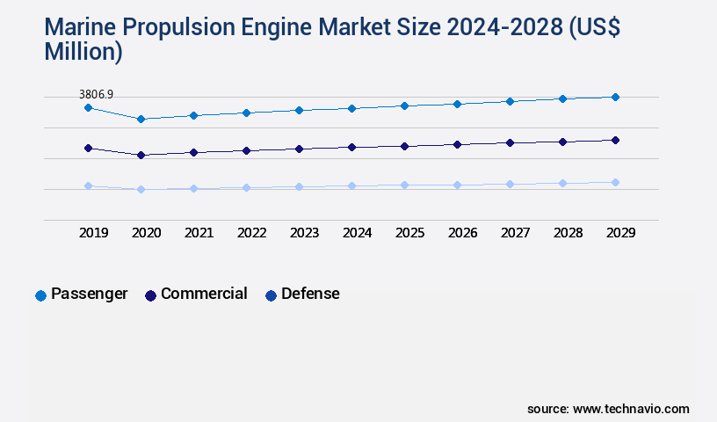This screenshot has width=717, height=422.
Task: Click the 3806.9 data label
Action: [96, 94]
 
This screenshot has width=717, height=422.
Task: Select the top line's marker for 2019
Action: [88, 107]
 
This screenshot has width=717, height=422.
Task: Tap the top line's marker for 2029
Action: [615, 97]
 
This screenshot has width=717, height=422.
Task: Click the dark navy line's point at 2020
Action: [141, 155]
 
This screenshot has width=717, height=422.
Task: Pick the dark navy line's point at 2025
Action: [404, 146]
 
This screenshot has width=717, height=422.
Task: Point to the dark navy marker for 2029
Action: [615, 140]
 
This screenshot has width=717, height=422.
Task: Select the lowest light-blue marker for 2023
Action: [299, 186]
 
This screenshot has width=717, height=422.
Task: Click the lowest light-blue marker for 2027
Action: [510, 184]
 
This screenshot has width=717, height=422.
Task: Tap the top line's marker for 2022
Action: [246, 113]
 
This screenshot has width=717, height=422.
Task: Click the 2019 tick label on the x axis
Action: [94, 233]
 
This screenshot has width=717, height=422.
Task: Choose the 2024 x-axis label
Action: [357, 233]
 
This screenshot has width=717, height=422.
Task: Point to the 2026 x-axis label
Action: [462, 233]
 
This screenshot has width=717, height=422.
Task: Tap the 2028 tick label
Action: [568, 233]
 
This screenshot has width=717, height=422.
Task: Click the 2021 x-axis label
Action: [199, 233]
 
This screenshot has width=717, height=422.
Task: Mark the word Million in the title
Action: [83, 52]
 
